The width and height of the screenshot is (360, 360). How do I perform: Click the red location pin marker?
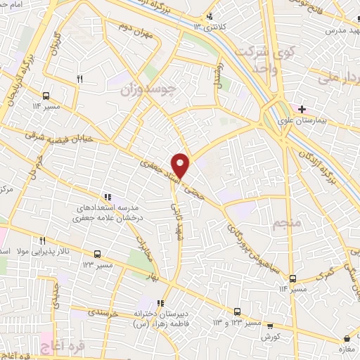(x=181, y=165)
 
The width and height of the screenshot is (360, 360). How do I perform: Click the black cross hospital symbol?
(x=302, y=109)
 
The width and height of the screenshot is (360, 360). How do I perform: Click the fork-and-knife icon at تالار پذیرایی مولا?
(x=42, y=240)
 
